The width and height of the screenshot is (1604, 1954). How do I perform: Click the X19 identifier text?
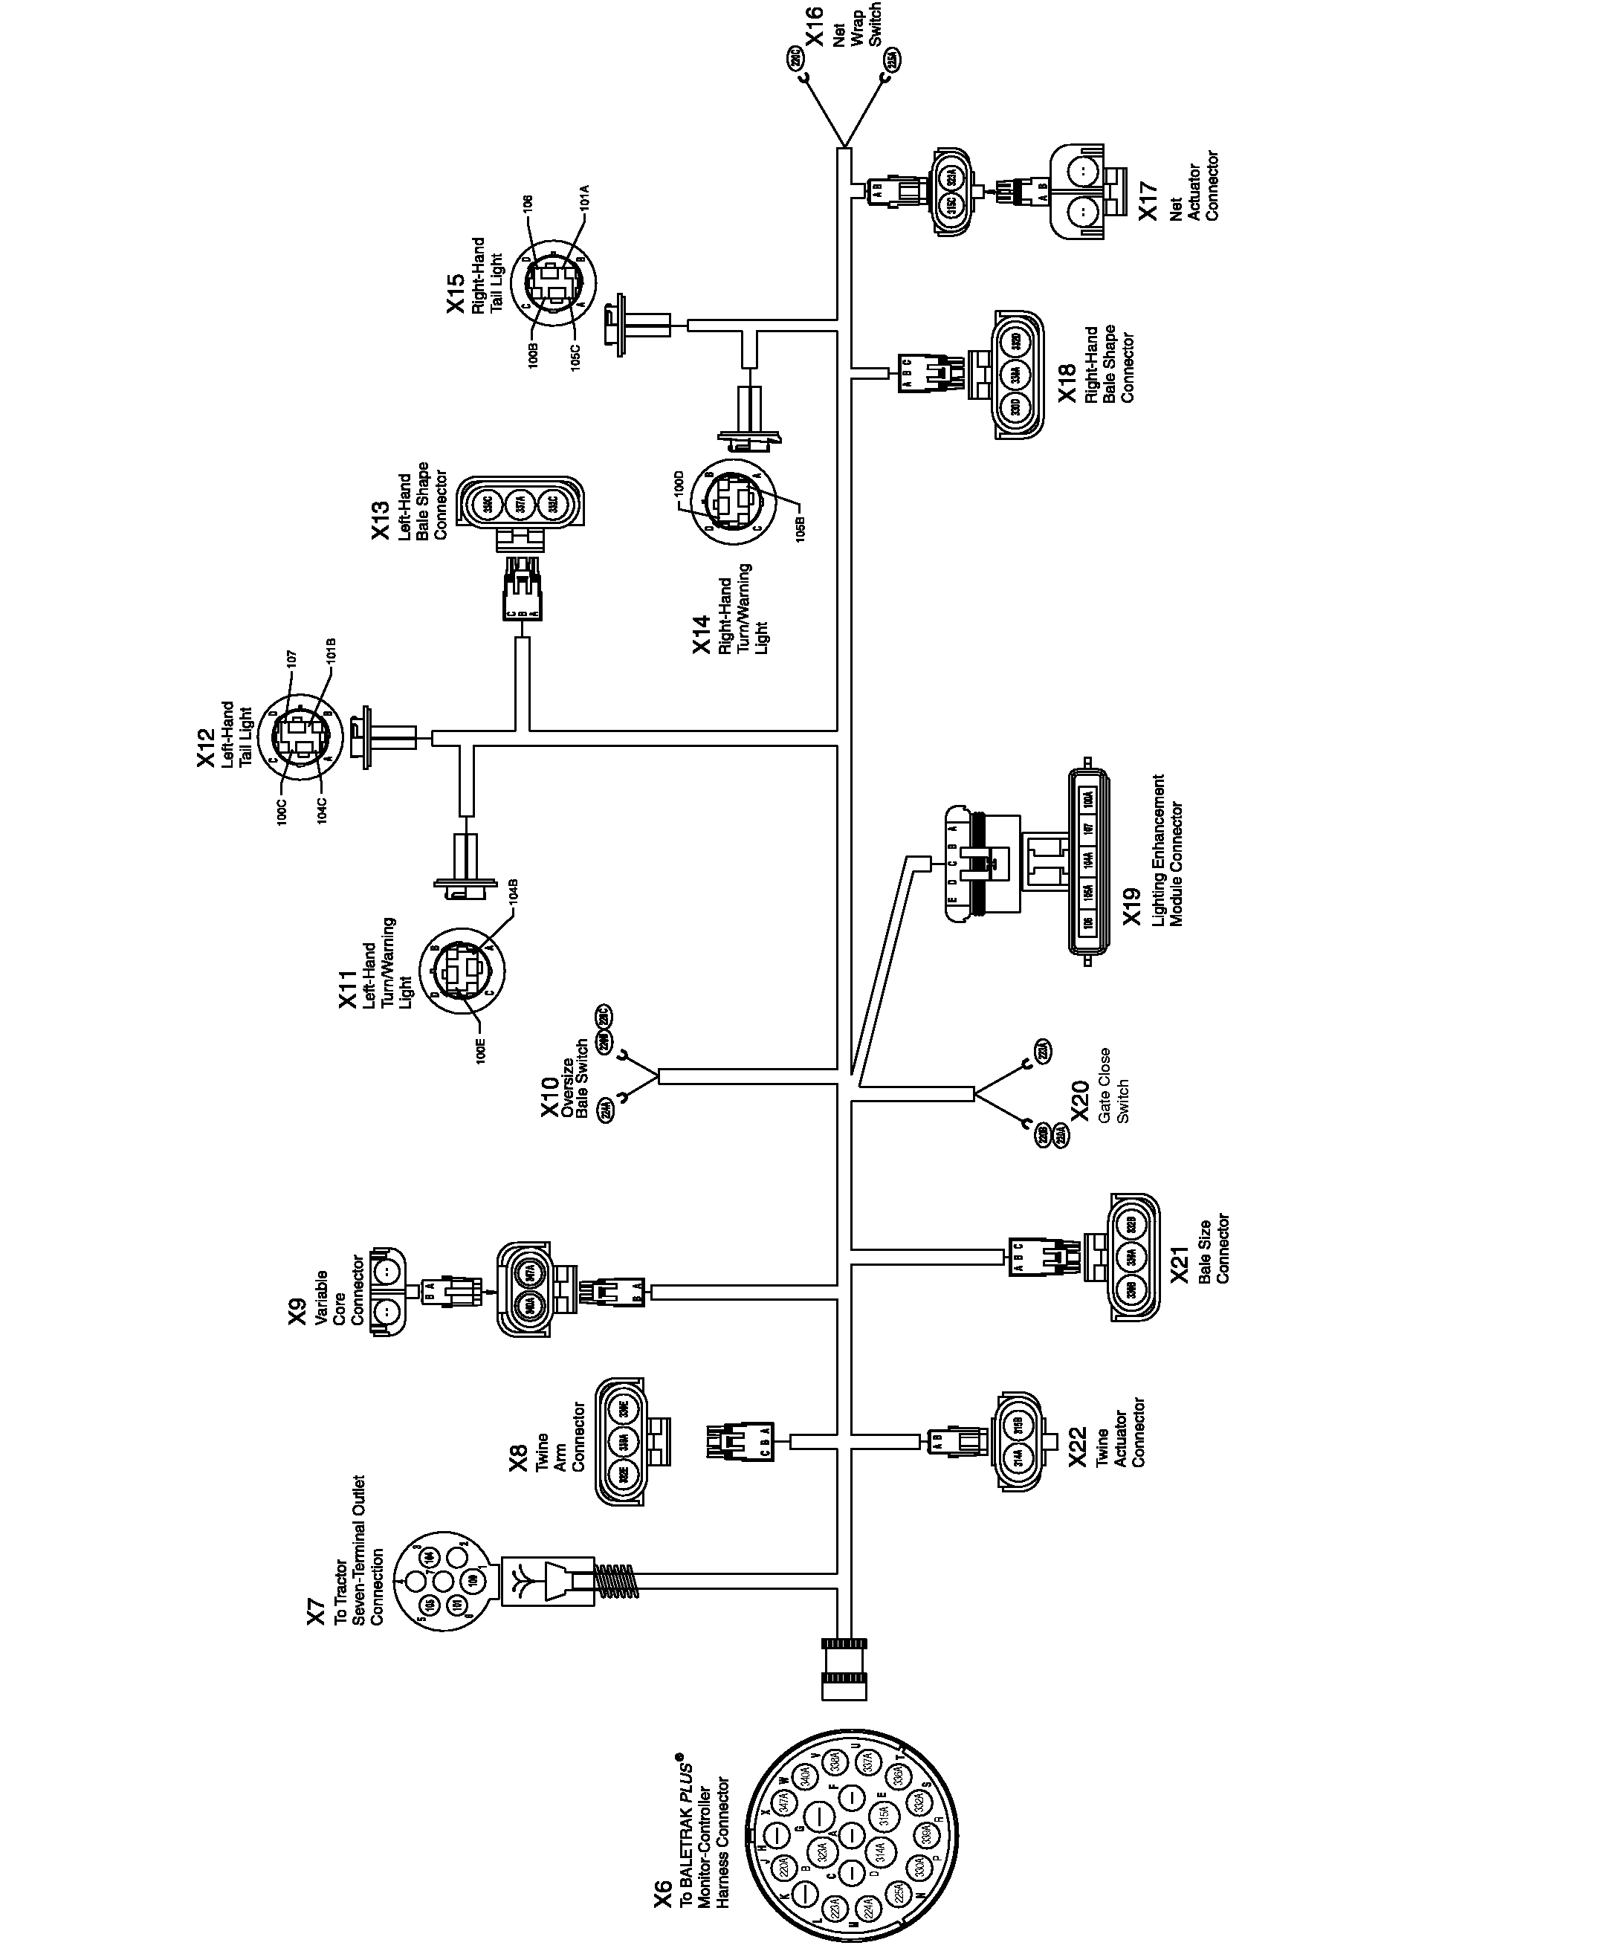coord(1132,905)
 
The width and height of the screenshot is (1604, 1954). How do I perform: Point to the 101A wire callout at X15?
coord(584,197)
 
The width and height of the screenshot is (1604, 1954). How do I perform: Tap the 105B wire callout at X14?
coord(801,528)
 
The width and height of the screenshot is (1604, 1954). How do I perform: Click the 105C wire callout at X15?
coord(575,356)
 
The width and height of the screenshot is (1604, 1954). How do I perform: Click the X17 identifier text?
coord(1148,201)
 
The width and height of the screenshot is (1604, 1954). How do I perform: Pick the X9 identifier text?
coord(297,1312)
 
